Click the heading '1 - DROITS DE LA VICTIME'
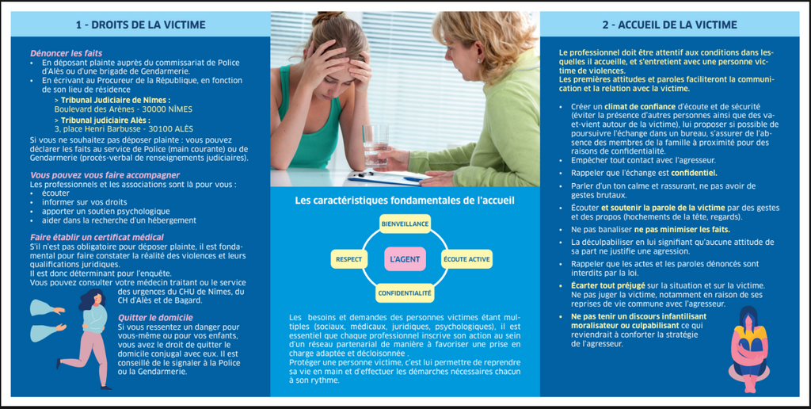[140, 25]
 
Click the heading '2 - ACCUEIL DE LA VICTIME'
[670, 25]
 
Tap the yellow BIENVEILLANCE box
[405, 224]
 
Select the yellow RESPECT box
[349, 259]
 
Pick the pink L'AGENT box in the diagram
[404, 259]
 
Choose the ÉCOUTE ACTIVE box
[466, 259]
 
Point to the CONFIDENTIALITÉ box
[405, 293]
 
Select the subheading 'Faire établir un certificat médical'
[97, 237]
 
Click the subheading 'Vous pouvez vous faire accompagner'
[105, 175]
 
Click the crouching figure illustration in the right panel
[748, 349]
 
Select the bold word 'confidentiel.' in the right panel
[694, 172]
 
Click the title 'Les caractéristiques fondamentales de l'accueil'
[405, 201]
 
